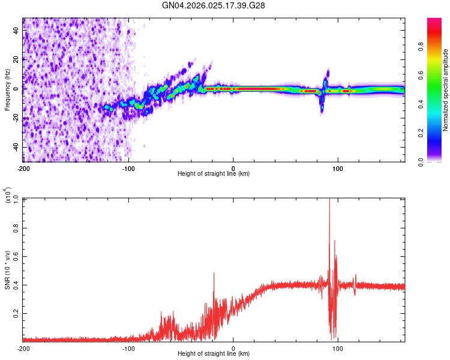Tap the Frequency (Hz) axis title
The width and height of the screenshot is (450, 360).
coord(7,91)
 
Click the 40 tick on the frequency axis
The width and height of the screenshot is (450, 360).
coord(16,31)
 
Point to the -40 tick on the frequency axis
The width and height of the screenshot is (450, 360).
coord(15,148)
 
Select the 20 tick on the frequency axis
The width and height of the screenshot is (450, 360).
coord(16,59)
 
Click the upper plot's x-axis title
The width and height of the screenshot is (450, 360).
coord(214,174)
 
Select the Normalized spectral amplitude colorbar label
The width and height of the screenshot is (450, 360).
coord(446,90)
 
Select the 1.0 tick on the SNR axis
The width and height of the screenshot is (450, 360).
coord(15,199)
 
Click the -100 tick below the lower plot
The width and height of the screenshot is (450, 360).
coord(128,348)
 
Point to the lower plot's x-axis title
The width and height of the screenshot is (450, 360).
coord(214,354)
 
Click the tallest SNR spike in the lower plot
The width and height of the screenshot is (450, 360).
coord(329,200)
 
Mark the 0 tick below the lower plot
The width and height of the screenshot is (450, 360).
coord(233,348)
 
